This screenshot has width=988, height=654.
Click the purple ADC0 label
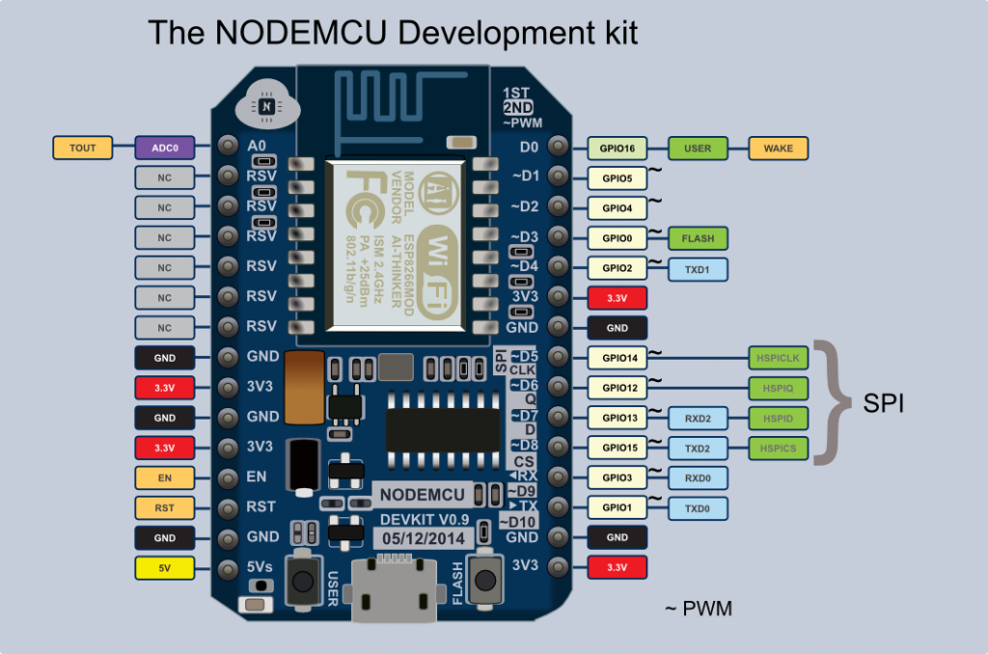click(164, 148)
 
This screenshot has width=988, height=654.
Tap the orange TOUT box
click(82, 148)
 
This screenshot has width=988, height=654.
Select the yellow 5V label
click(164, 567)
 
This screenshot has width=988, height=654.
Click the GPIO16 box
click(617, 148)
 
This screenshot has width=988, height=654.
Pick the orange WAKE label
click(778, 148)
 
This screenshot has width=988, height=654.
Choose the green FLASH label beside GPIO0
click(698, 237)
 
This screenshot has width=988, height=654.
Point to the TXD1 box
click(698, 268)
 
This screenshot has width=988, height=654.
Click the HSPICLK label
click(777, 358)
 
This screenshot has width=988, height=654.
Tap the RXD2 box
click(698, 418)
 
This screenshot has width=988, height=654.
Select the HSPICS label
click(777, 448)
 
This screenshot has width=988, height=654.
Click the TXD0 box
click(698, 507)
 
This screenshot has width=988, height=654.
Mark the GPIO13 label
click(617, 418)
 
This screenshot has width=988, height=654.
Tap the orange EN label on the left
click(164, 477)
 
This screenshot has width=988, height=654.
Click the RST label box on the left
click(164, 507)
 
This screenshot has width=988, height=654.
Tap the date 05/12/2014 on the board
click(423, 538)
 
